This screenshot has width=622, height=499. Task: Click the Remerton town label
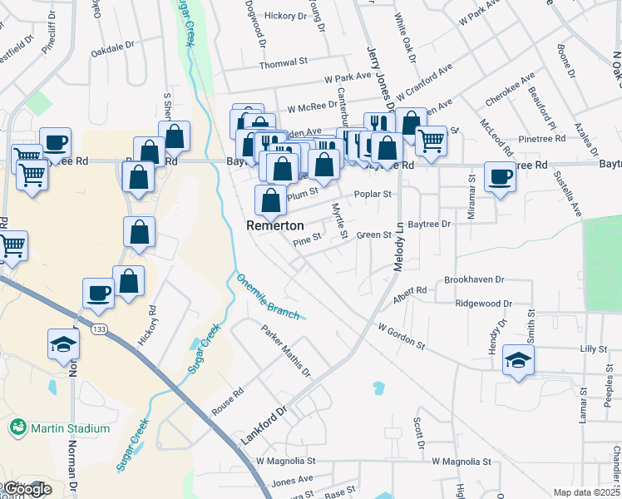point(274,225)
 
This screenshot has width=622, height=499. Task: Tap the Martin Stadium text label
point(70,428)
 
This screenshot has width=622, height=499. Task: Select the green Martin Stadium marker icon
point(17,428)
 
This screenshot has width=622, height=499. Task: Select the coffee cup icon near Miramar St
point(500,177)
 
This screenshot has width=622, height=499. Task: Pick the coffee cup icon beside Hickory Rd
point(98,292)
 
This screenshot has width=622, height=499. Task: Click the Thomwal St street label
point(284,63)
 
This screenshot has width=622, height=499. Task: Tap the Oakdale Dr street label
point(112,51)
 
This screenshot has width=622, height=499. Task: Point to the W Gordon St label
point(401,336)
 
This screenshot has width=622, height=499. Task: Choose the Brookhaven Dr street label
point(475,280)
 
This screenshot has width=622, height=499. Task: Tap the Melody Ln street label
point(398,245)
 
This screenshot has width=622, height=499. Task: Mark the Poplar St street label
point(372,194)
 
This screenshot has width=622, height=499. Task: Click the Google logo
point(27,489)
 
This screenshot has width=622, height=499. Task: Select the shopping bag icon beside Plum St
point(270,200)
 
